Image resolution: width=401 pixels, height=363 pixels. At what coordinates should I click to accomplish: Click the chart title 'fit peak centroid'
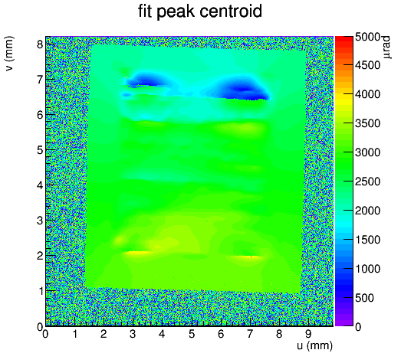click(200, 11)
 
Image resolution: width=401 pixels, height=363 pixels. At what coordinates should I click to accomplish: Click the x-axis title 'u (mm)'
click(315, 345)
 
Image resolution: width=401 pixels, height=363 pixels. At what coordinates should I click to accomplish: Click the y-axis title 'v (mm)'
click(9, 54)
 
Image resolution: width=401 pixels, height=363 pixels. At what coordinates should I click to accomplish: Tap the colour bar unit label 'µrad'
click(387, 47)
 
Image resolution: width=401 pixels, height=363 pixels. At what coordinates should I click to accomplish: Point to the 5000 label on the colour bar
click(367, 37)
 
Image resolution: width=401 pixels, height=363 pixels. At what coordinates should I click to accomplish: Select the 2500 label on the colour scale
click(367, 181)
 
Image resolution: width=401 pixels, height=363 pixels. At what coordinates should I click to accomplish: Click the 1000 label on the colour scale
click(367, 269)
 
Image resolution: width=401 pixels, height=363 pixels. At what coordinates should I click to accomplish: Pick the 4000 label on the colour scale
click(367, 94)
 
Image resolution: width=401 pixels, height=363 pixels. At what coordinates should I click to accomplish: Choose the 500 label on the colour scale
click(364, 298)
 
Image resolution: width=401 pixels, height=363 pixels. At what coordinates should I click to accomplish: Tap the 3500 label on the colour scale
click(367, 123)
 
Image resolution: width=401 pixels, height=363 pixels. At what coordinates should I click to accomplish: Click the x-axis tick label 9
click(309, 334)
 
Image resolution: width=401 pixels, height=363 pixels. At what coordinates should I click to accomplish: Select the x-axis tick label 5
click(192, 334)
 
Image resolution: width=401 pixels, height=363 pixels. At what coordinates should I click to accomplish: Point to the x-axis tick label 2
click(104, 334)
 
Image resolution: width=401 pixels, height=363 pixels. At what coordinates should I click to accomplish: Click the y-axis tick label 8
click(40, 44)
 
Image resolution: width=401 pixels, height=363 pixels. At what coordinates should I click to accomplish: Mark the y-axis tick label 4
click(40, 185)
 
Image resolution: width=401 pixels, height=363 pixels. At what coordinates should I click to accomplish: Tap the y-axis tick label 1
click(40, 291)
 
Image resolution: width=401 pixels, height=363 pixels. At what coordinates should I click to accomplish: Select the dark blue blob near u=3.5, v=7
click(148, 81)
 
